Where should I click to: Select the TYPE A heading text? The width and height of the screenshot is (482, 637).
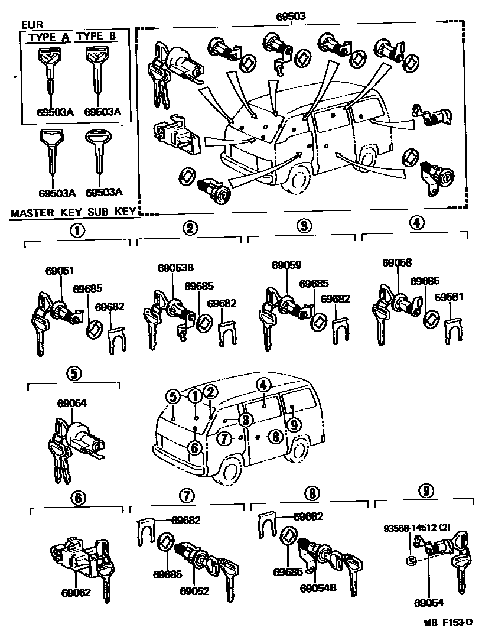(48, 37)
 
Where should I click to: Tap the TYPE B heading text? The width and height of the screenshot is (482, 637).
(96, 37)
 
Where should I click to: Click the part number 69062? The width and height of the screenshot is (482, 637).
(77, 592)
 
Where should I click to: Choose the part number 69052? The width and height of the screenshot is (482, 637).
(195, 590)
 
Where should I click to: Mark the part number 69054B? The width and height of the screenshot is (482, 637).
(318, 589)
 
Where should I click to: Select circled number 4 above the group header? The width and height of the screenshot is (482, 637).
(416, 223)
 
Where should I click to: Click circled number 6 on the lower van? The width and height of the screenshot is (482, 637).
(194, 448)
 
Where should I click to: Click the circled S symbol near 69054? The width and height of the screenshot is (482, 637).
(412, 561)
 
